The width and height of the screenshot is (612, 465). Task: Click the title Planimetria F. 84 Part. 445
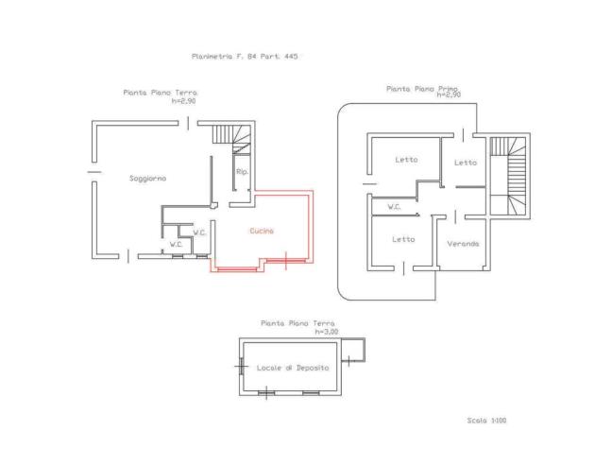pyautogui.click(x=245, y=56)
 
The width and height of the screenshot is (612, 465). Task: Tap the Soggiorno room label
pyautogui.click(x=148, y=179)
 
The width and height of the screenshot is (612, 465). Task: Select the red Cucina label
pyautogui.click(x=262, y=231)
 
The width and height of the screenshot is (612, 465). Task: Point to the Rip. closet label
pyautogui.click(x=243, y=171)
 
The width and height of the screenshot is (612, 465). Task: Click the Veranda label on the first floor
pyautogui.click(x=464, y=244)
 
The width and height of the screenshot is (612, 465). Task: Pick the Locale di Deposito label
pyautogui.click(x=293, y=368)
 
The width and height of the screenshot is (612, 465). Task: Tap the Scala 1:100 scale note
pyautogui.click(x=486, y=421)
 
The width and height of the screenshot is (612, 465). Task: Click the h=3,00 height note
pyautogui.click(x=327, y=332)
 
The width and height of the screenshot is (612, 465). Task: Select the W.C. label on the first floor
pyautogui.click(x=394, y=207)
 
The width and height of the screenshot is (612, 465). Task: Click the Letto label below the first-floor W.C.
pyautogui.click(x=403, y=239)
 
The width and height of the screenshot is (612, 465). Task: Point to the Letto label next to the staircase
pyautogui.click(x=466, y=163)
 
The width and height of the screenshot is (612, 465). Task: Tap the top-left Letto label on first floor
pyautogui.click(x=406, y=160)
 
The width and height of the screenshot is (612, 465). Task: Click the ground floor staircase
pyautogui.click(x=231, y=138)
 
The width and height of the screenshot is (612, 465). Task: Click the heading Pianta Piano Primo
pyautogui.click(x=422, y=89)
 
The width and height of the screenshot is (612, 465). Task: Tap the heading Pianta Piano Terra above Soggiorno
pyautogui.click(x=161, y=93)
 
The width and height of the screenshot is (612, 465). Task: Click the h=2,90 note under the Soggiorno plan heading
pyautogui.click(x=183, y=101)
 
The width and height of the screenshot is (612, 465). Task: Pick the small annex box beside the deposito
pyautogui.click(x=353, y=351)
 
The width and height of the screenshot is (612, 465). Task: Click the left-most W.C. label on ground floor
pyautogui.click(x=176, y=245)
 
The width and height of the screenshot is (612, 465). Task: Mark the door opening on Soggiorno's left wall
pyautogui.click(x=94, y=172)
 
